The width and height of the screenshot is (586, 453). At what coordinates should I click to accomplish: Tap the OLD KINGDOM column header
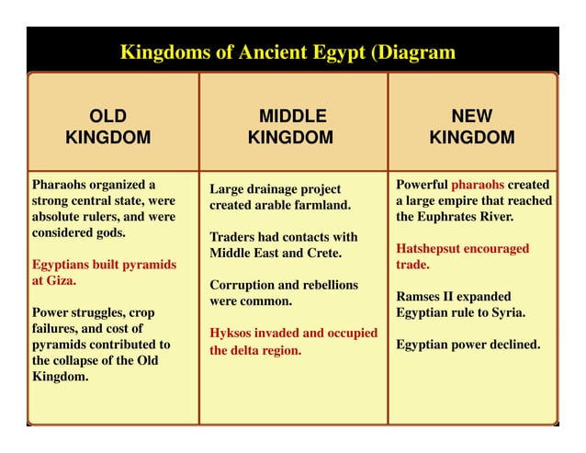click(108, 127)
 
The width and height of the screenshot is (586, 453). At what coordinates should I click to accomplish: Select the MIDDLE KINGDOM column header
click(292, 127)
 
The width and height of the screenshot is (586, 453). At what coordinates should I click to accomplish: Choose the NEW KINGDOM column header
click(472, 127)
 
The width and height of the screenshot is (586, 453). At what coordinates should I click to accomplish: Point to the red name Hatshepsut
click(432, 248)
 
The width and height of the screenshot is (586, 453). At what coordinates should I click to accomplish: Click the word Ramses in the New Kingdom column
click(419, 296)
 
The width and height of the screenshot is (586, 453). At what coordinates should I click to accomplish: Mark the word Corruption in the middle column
click(245, 285)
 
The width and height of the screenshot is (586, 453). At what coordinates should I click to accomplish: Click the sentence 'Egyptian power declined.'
click(468, 345)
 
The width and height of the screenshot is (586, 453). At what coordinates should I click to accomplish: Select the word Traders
click(234, 237)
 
